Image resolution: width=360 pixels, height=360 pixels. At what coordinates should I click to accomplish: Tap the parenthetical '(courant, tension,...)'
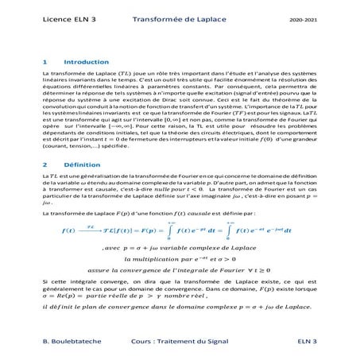[79, 146]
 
